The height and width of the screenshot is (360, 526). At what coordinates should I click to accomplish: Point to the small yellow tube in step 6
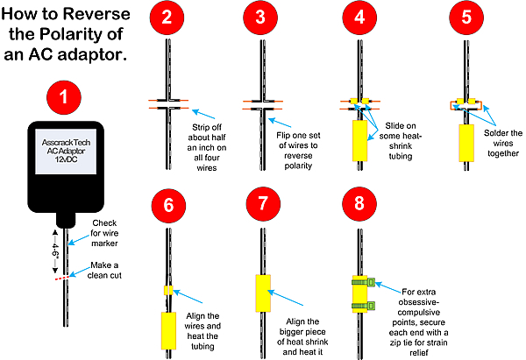coord(168,290)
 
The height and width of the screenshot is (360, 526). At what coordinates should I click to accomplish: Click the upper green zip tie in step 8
coord(363,282)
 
